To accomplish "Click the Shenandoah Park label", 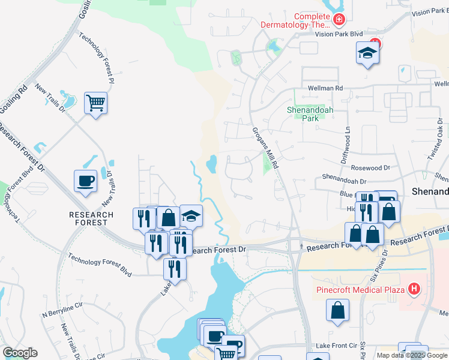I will tap(301, 114).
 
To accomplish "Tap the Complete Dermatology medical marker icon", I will tap(339, 20).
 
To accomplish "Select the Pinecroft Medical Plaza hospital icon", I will tap(413, 290).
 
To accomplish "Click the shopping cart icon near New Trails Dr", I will tap(95, 103).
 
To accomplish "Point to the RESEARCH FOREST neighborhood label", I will tap(91, 219).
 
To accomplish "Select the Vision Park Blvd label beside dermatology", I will tap(340, 34).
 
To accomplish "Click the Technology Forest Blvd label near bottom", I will tap(100, 264).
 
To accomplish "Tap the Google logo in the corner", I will tap(20, 353).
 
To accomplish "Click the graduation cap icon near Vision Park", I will tap(367, 53).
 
